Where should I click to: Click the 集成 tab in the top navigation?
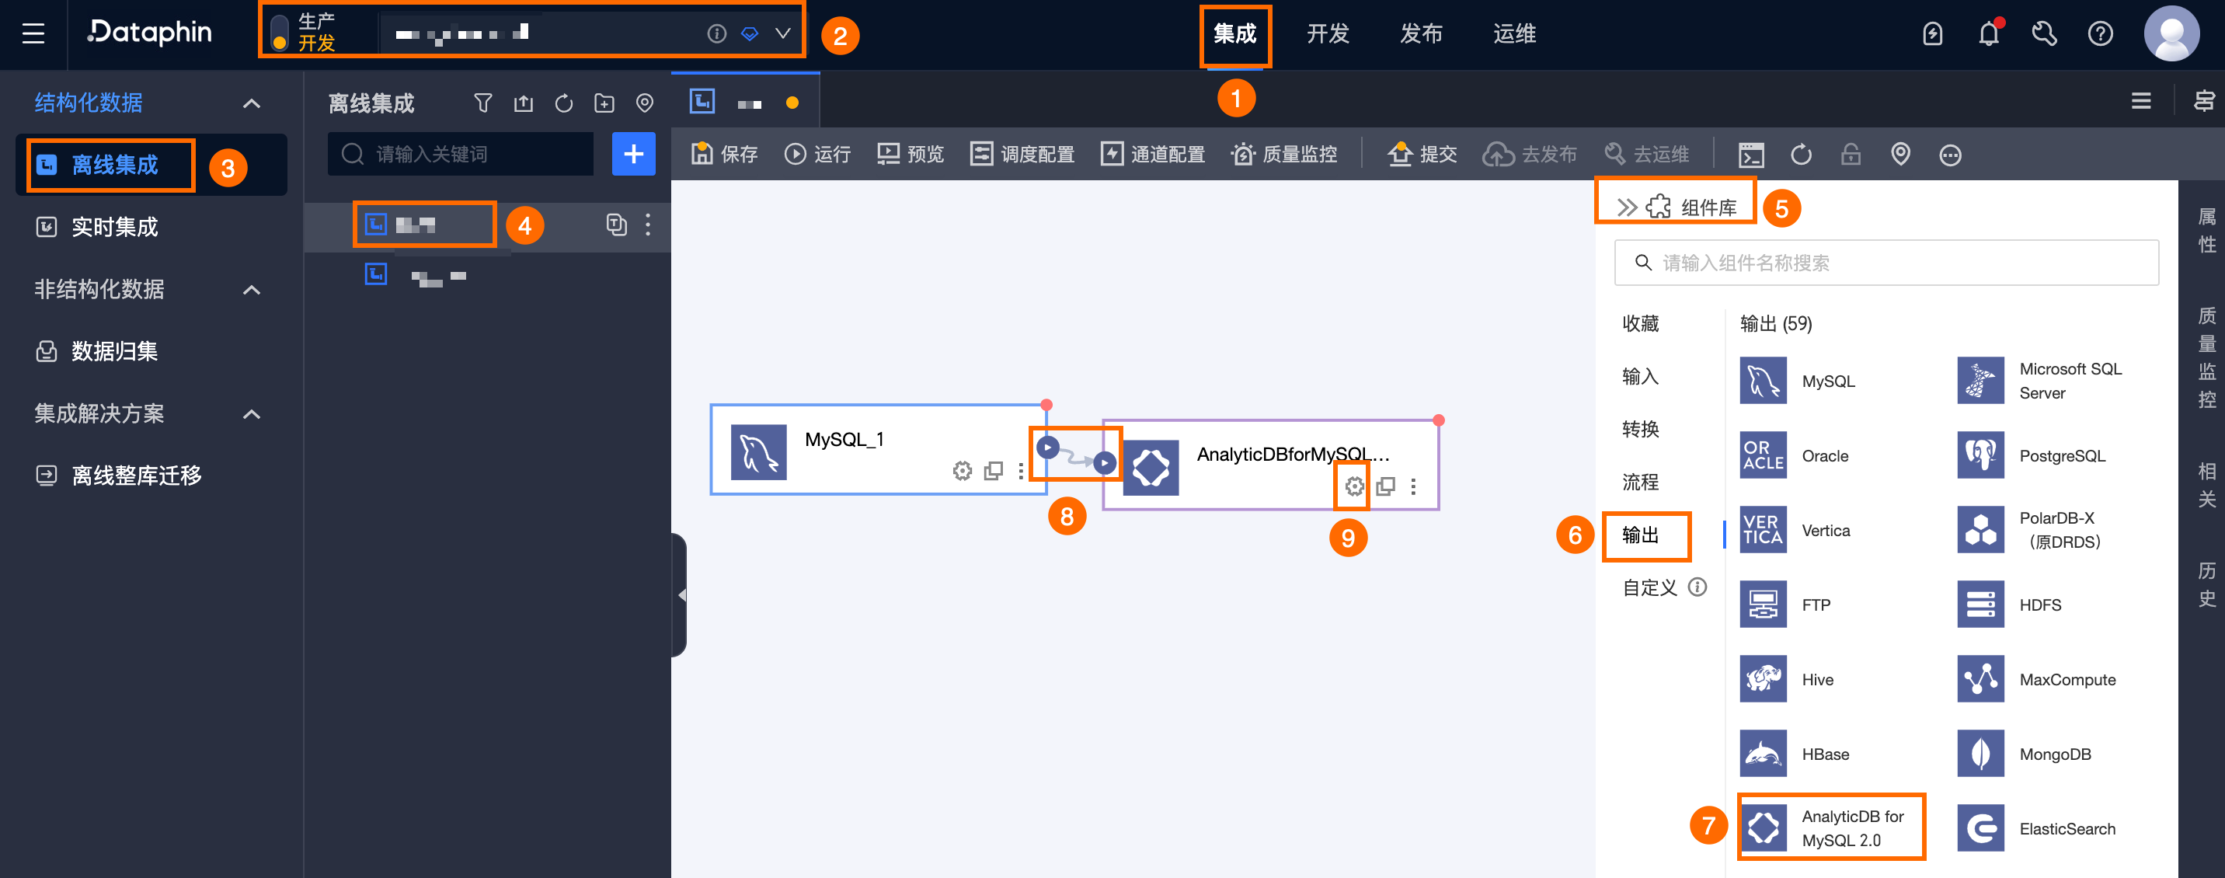tap(1234, 34)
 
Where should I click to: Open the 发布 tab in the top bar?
tap(1421, 34)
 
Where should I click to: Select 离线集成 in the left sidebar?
tap(114, 165)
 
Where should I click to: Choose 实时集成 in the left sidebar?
tap(114, 228)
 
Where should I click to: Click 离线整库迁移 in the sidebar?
tap(136, 476)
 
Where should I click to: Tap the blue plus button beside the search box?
tap(633, 155)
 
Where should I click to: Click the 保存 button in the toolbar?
tap(725, 155)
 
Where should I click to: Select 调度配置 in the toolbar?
tap(1022, 155)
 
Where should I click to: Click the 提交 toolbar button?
tap(1422, 155)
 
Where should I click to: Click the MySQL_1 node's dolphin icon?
tap(758, 452)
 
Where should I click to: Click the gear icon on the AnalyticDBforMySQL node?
tap(1354, 486)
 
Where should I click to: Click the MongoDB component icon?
tap(1980, 754)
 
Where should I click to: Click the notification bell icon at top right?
tap(1988, 34)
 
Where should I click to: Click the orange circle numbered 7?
tap(1708, 825)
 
